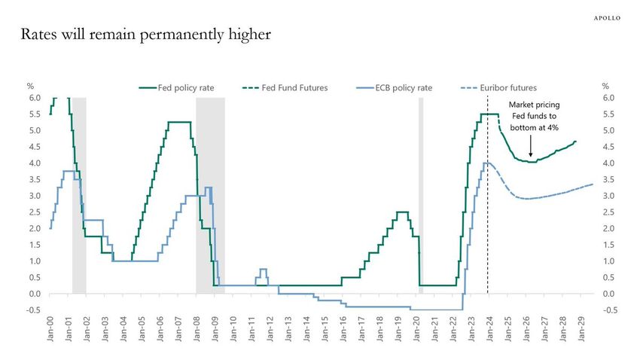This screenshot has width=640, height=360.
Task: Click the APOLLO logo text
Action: [607, 17]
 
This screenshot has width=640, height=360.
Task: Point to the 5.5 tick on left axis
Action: [35, 114]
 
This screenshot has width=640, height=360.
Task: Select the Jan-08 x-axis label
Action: [197, 328]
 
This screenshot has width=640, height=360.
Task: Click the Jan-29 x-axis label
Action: [581, 328]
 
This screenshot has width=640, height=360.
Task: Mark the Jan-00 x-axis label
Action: [50, 328]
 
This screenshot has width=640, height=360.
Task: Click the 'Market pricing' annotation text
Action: [534, 105]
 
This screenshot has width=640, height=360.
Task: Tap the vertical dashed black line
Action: [488, 226]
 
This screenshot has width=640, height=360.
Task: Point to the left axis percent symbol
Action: [30, 86]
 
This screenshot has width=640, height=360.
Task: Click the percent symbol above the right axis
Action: [605, 86]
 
